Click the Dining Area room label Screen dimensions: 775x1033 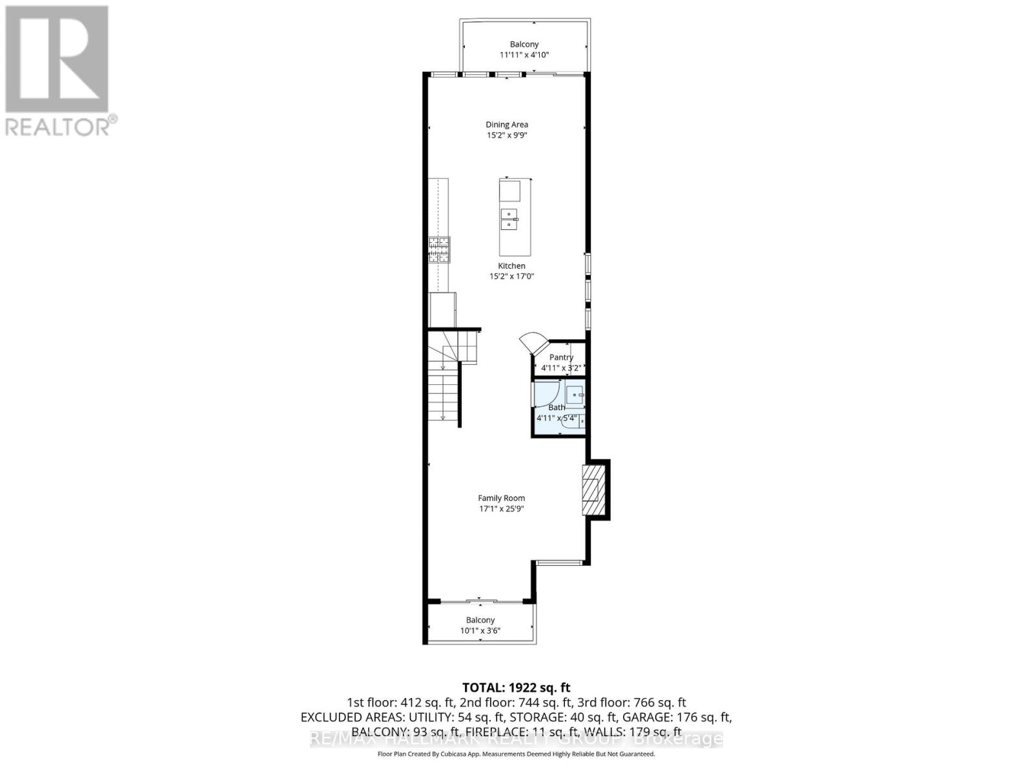[x=507, y=125]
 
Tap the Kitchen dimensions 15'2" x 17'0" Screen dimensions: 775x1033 [x=511, y=276]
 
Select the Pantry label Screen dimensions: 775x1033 [x=561, y=357]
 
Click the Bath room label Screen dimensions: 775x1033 [x=557, y=408]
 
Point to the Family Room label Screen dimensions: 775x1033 [x=501, y=498]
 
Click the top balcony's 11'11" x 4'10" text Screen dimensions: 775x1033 [x=524, y=55]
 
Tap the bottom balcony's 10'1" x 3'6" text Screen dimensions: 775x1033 [x=480, y=631]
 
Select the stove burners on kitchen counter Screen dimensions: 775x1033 [x=440, y=251]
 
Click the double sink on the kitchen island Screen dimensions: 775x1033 [x=509, y=220]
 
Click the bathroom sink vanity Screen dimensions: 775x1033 [x=575, y=394]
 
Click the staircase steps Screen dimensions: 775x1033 [x=443, y=397]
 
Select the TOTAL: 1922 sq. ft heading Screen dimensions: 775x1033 [x=516, y=688]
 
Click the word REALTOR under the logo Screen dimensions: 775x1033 [x=57, y=127]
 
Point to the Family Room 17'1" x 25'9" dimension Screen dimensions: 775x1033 [x=501, y=509]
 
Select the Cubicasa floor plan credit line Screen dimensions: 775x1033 [x=516, y=754]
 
